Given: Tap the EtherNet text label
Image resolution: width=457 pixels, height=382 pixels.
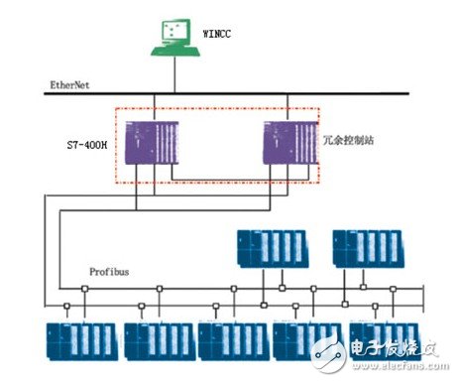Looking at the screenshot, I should coord(69,86).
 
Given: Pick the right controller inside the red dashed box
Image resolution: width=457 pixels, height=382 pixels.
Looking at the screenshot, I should coord(287,138).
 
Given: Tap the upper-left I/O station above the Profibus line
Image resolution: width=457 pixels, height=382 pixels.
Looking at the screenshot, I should coord(270,248).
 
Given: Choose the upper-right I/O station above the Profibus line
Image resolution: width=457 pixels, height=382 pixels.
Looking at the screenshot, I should coord(367,248).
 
